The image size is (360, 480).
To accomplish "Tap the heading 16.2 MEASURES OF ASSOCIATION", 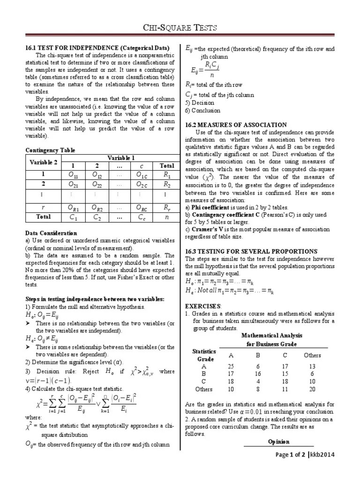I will pyautogui.click(x=235, y=125).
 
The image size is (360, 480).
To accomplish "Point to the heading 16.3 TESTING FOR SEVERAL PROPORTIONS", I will pyautogui.click(x=251, y=251).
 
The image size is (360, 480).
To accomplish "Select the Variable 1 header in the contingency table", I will pyautogui.click(x=121, y=158).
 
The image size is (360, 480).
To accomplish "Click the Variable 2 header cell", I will pyautogui.click(x=44, y=162).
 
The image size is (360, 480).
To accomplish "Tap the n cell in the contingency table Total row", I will pyautogui.click(x=167, y=217).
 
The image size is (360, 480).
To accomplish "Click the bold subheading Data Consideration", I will pyautogui.click(x=51, y=233).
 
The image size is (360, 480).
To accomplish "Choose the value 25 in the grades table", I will pyautogui.click(x=230, y=366).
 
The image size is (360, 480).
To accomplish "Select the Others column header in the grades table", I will pyautogui.click(x=312, y=355).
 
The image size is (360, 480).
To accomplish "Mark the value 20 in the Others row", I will pyautogui.click(x=312, y=389).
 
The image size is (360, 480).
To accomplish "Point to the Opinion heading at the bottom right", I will pyautogui.click(x=278, y=442).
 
